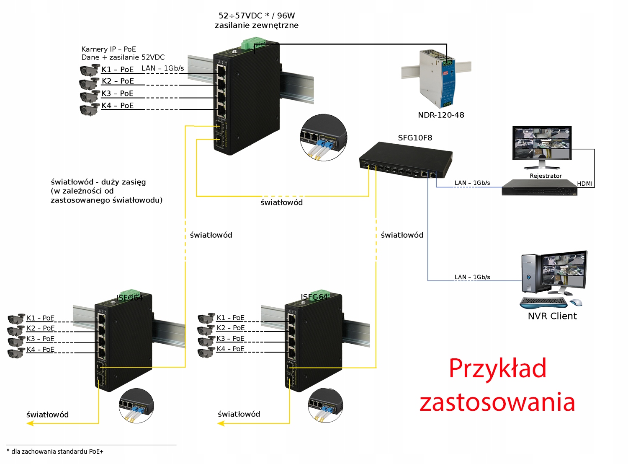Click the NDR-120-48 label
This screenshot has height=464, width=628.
441,115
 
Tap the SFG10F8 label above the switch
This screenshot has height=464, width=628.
415,138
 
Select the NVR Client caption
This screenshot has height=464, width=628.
552,316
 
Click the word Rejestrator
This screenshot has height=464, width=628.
546,176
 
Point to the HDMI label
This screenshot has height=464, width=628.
584,184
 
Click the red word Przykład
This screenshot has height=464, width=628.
497,368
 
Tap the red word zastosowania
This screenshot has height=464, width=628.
497,402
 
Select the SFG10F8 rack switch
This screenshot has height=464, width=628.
405,160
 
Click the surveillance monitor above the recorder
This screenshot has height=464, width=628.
542,145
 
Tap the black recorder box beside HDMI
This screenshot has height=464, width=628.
540,188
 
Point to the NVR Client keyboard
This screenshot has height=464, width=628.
543,302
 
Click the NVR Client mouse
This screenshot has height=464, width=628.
576,302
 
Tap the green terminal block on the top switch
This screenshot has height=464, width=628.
253,43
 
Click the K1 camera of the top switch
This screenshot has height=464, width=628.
89,70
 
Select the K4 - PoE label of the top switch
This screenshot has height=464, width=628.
118,106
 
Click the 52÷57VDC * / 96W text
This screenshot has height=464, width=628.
257,16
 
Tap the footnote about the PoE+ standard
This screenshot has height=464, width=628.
55,451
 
